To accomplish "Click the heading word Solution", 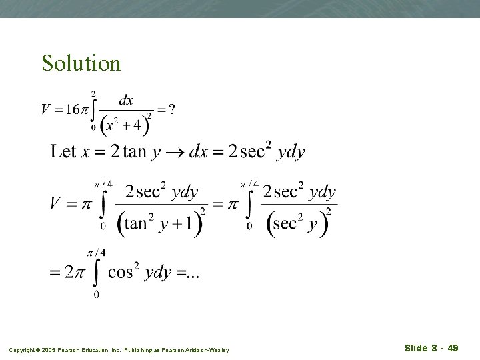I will coord(81,63).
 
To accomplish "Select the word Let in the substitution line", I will coord(63,151).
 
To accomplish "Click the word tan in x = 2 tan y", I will coord(135,151).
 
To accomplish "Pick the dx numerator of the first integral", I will coord(126,100).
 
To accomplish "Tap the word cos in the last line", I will coord(120,272).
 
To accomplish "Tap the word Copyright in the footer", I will coord(23,349).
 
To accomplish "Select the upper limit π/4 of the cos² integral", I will coord(96,251).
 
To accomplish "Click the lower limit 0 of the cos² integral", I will coord(96,294).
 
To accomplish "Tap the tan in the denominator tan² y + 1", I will coord(135,223).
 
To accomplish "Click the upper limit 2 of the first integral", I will coord(93,93).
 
